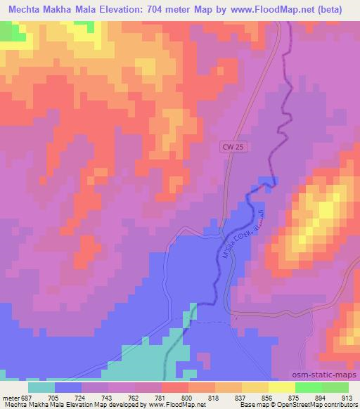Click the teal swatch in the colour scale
tap(41, 387)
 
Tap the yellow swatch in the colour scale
tap(282, 387)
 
